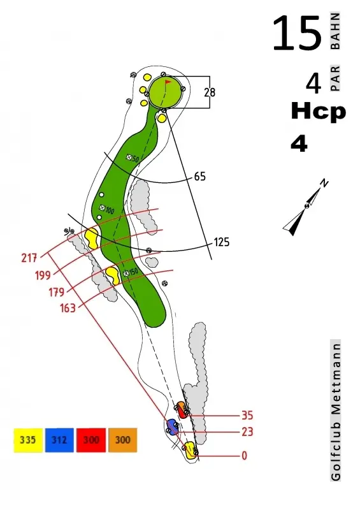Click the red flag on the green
pos(168,82)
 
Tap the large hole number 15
pos(297,34)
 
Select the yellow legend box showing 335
pos(28,440)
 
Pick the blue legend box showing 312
pos(59,440)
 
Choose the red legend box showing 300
pos(91,440)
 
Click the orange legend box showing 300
pos(122,440)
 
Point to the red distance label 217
pos(29,258)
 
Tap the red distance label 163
pos(68,308)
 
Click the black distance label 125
pos(222,242)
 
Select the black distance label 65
pos(200,177)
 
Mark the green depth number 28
pos(210,92)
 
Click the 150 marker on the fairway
pos(131,273)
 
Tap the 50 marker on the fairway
pos(133,158)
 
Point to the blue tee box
pos(172,427)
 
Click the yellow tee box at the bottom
pos(191,450)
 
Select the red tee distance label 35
pos(247,416)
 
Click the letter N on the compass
pos(324,183)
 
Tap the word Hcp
pos(319,111)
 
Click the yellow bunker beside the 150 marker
pos(113,275)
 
